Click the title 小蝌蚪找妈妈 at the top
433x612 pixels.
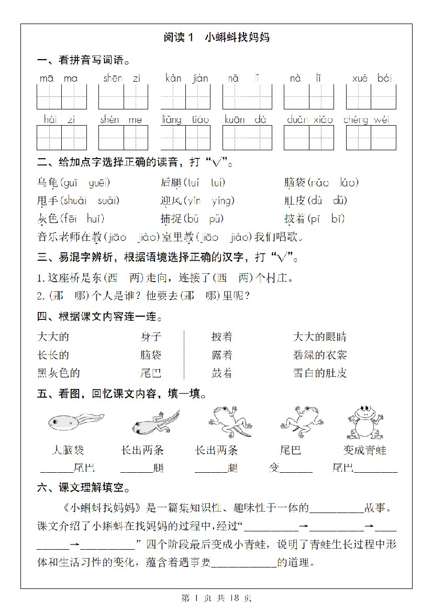[x=237, y=37]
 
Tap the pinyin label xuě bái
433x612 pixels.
[x=372, y=79]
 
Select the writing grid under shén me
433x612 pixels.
[x=124, y=138]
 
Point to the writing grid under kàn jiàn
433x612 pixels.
[x=185, y=96]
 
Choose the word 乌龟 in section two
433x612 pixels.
[x=48, y=183]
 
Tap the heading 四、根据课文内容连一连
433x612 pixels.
[x=99, y=317]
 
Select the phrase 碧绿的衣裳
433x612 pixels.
[x=320, y=355]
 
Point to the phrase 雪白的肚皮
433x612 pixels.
[x=320, y=373]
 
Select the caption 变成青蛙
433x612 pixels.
[x=365, y=450]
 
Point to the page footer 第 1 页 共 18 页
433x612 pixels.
[x=216, y=598]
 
